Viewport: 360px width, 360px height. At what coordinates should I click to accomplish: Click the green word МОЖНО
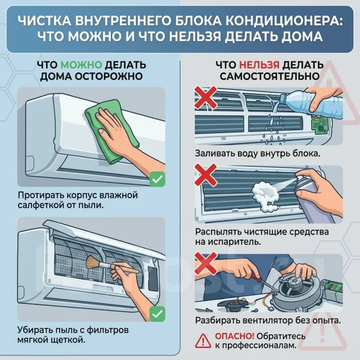[x=81, y=65]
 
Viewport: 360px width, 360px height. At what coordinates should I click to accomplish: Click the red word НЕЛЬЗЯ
[x=259, y=65]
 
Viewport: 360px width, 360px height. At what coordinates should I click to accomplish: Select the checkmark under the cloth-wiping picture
[x=157, y=179]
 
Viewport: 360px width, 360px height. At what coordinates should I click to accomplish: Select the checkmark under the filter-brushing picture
[x=157, y=314]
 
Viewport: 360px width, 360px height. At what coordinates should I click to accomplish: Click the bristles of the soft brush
[x=92, y=263]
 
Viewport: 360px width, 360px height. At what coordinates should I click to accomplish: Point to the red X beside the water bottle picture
[x=206, y=97]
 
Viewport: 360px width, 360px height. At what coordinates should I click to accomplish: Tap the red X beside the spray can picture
[x=206, y=175]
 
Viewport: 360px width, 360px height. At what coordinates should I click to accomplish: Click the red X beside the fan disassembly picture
[x=206, y=263]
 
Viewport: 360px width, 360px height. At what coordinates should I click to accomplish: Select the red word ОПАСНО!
[x=235, y=336]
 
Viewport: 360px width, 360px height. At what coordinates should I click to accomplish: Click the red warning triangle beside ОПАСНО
[x=203, y=341]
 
